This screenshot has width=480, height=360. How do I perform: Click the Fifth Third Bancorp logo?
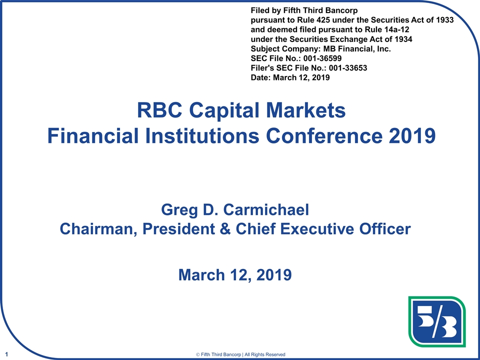click(x=437, y=322)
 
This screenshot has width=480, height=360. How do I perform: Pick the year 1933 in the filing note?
click(x=443, y=21)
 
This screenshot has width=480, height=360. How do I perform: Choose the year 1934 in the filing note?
click(x=402, y=39)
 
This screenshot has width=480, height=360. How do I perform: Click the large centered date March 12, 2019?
click(x=235, y=274)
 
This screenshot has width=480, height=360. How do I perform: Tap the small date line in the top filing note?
click(x=289, y=77)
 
